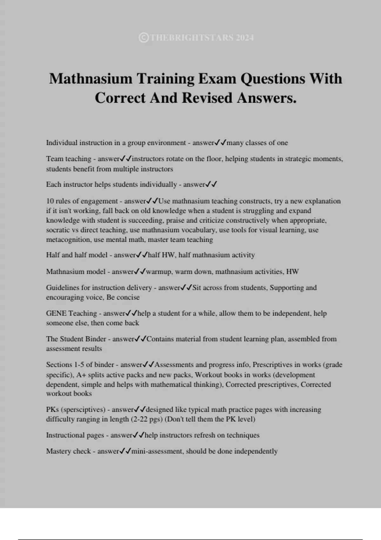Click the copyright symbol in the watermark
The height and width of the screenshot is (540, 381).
coord(144,38)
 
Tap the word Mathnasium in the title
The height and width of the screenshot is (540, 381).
coord(90,78)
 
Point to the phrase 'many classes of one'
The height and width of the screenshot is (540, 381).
coord(257,143)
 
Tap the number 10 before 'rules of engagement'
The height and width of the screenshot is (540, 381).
coord(50,201)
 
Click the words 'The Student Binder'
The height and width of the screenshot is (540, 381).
coord(76,339)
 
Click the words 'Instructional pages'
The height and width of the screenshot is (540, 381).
coord(75,435)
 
